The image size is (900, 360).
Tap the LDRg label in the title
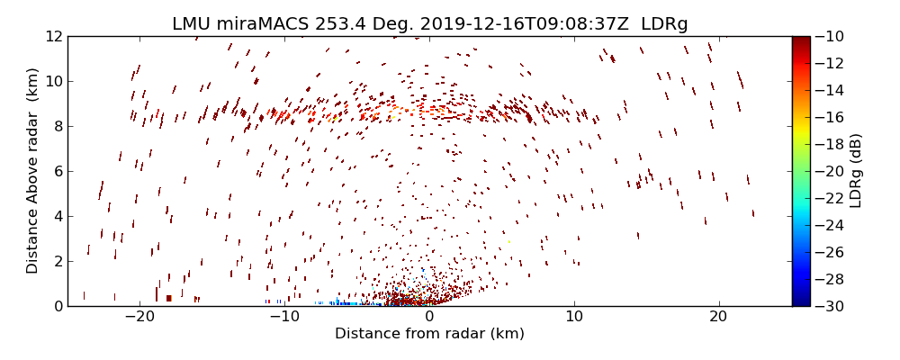pyautogui.click(x=664, y=23)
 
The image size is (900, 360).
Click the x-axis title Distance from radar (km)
pyautogui.click(x=429, y=334)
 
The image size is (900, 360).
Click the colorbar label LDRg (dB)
pyautogui.click(x=856, y=171)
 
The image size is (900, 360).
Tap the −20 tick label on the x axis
pyautogui.click(x=139, y=317)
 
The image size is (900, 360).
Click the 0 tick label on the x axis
pyautogui.click(x=429, y=317)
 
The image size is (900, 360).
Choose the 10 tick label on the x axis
pyautogui.click(x=574, y=317)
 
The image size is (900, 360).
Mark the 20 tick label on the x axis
pyautogui.click(x=718, y=317)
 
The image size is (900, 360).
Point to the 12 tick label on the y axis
pyautogui.click(x=52, y=36)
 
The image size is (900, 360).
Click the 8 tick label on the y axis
pyautogui.click(x=57, y=126)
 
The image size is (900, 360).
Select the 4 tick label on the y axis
pyautogui.click(x=57, y=216)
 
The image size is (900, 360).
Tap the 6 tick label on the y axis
pyautogui.click(x=57, y=171)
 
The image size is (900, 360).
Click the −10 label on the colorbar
pyautogui.click(x=832, y=36)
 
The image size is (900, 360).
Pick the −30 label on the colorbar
pyautogui.click(x=832, y=306)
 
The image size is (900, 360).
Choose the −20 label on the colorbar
pyautogui.click(x=832, y=171)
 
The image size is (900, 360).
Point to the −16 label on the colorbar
pyautogui.click(x=832, y=117)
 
